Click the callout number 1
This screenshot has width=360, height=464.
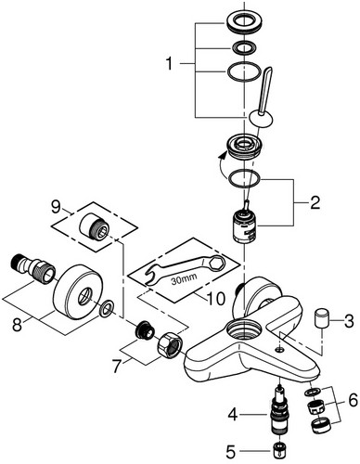coord(169,64)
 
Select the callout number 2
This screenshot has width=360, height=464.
coord(315,203)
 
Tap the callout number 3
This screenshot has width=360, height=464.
coord(349,321)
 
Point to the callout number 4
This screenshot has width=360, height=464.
coord(233,415)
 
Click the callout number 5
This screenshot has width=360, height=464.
coord(231,453)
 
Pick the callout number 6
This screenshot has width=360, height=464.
coord(353,401)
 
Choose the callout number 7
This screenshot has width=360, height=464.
coord(116,367)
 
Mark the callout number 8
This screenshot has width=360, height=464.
coord(18,325)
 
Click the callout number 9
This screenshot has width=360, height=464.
coord(56,207)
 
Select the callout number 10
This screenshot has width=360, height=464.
coord(215,299)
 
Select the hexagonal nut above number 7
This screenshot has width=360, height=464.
coord(170,346)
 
